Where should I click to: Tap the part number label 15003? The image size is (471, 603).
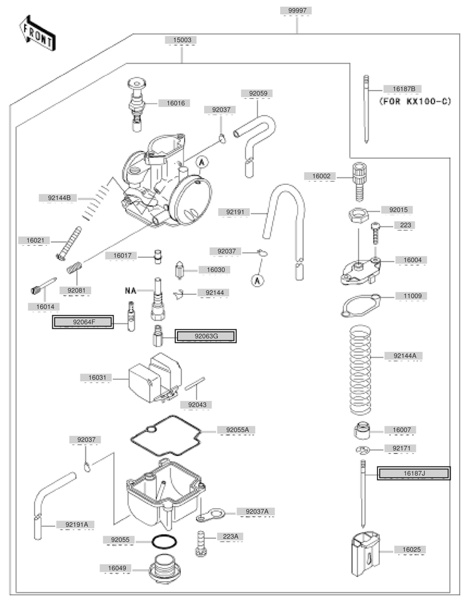coord(181,40)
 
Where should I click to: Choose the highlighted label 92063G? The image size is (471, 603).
coord(206,336)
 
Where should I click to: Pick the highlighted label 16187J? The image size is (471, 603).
coord(413,473)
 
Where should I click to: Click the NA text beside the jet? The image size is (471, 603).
coord(131,290)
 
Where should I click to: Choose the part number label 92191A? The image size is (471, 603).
coord(75,524)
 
